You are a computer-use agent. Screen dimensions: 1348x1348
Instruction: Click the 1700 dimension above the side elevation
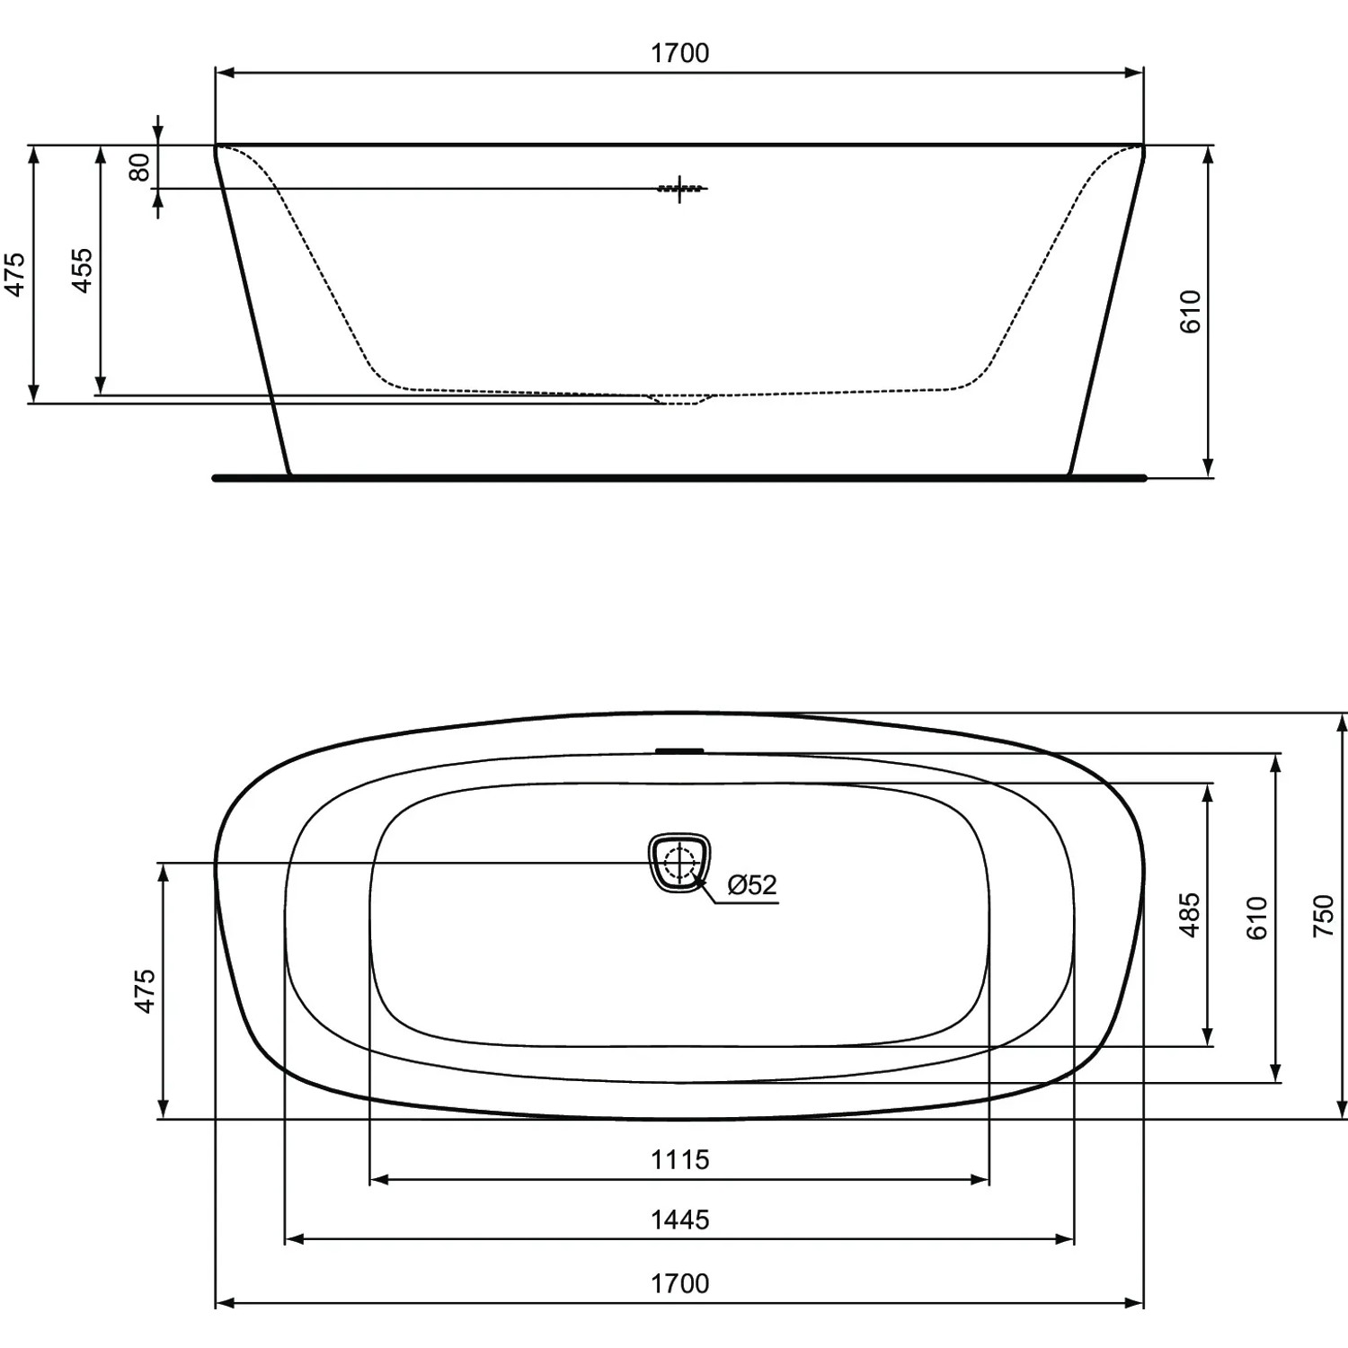point(679,54)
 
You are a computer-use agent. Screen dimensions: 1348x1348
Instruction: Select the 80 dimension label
point(140,167)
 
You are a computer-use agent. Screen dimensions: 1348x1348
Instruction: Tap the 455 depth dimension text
point(83,270)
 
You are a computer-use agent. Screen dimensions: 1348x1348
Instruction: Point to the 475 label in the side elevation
point(15,274)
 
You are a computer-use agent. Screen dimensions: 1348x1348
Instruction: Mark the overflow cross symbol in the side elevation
point(680,189)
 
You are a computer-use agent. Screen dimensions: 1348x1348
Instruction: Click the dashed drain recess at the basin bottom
point(680,398)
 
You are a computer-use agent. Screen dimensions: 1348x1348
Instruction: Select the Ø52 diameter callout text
point(751,885)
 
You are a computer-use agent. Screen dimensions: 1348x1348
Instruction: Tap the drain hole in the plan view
point(680,864)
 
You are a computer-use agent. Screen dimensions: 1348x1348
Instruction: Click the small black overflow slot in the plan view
point(680,749)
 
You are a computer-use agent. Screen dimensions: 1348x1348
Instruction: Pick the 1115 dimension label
point(679,1160)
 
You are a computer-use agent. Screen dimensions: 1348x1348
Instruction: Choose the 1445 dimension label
point(679,1220)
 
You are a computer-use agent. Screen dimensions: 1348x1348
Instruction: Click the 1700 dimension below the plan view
point(679,1284)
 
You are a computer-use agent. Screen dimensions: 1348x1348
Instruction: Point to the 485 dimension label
point(1190,915)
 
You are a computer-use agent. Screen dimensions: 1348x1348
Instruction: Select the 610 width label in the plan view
point(1256,918)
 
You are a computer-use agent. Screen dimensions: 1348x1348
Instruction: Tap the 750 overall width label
point(1324,916)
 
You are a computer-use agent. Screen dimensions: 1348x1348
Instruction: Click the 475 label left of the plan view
point(145,991)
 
